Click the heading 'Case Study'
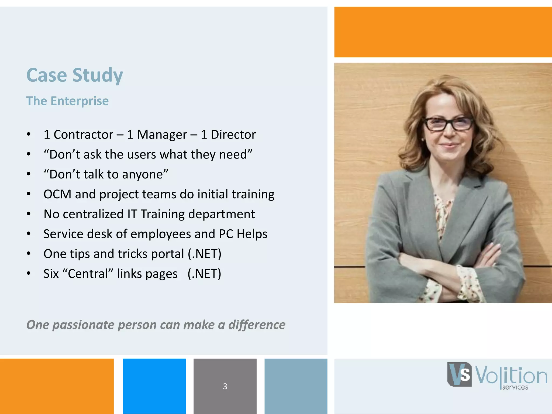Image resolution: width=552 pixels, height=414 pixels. coord(75,75)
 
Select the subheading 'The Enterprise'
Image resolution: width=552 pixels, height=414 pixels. coord(67,101)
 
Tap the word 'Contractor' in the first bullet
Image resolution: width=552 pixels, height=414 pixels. coord(83,134)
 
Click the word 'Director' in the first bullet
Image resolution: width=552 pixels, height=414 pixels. coord(233,134)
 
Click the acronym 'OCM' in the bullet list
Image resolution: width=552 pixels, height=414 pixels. coord(57,194)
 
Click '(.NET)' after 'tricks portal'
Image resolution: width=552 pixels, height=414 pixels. coord(204,254)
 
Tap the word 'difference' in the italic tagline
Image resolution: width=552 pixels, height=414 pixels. coord(257,325)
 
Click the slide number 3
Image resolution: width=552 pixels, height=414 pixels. coord(225,386)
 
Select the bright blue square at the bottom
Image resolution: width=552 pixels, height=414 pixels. coord(154,386)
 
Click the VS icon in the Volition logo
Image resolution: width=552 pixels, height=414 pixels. coord(460,375)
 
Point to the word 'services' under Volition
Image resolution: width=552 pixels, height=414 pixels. coord(515,388)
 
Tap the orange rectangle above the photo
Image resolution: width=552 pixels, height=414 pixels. coord(443,32)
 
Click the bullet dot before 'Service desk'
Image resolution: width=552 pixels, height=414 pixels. coord(29,234)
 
